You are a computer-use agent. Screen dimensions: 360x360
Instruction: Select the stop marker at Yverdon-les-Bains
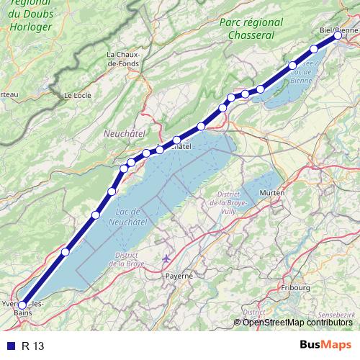point(22,305)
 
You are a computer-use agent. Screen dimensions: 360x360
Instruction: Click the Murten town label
point(272,193)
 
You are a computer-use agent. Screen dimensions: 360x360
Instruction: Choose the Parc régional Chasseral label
point(247,29)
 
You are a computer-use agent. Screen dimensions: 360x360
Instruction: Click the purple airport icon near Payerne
point(168,258)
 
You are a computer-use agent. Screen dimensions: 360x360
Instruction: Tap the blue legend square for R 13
point(9,346)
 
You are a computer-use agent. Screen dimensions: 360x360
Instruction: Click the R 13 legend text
point(33,346)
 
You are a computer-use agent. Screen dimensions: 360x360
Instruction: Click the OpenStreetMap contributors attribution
point(297,322)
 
